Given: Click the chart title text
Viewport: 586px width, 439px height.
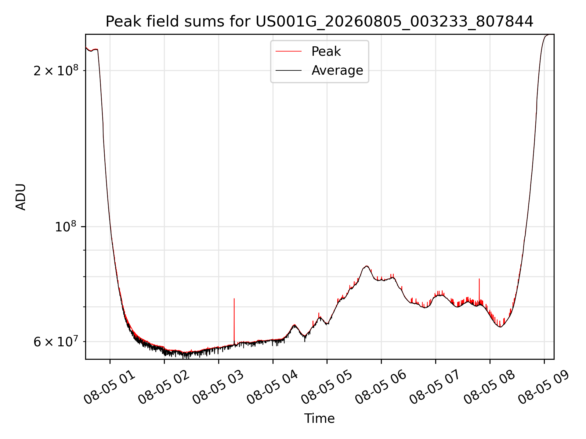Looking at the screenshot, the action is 319,22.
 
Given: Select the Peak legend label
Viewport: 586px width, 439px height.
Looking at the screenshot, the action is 326,52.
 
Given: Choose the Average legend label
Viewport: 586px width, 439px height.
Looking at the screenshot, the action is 337,70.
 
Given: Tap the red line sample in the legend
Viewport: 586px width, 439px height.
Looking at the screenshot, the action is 288,52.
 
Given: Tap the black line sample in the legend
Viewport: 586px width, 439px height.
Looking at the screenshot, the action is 288,70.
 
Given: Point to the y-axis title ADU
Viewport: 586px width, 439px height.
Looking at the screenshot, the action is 21,197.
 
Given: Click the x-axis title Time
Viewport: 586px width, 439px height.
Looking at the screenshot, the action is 319,419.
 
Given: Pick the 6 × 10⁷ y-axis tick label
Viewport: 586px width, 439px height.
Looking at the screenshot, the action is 56,341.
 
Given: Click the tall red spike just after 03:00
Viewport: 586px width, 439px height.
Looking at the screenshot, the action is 234,322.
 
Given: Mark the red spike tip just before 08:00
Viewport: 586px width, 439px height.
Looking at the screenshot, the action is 479,279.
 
